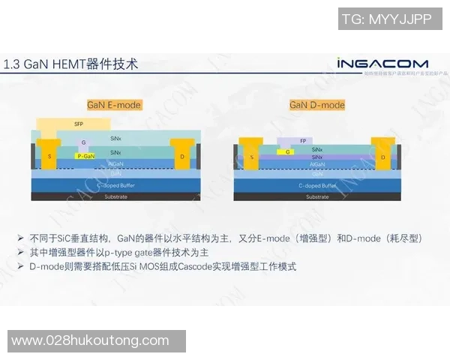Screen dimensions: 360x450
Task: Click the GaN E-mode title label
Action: click(114, 105)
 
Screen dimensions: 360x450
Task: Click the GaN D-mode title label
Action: click(317, 105)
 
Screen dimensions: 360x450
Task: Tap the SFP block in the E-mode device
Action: click(78, 124)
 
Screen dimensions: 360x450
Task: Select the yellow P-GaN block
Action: click(85, 156)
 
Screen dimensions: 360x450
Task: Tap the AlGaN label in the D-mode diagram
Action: click(316, 163)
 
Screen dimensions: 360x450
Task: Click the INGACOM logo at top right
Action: click(382, 64)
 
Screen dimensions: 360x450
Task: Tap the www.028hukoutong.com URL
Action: click(90, 340)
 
